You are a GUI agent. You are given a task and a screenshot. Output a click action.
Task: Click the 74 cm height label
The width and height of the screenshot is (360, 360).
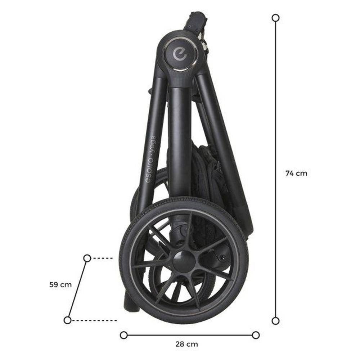(296, 173)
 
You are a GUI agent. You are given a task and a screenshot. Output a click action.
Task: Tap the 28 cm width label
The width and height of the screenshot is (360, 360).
(186, 344)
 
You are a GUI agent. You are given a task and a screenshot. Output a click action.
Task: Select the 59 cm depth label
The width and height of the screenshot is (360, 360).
(60, 285)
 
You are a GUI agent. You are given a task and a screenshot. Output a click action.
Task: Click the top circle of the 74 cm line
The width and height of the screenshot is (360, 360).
(275, 18)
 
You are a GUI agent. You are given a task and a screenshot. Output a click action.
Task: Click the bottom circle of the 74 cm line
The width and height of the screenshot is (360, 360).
(275, 321)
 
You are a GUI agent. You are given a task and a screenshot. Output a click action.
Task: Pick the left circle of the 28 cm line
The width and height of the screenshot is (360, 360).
(124, 335)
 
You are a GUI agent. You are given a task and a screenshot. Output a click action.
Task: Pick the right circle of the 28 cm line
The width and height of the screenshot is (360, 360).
(256, 335)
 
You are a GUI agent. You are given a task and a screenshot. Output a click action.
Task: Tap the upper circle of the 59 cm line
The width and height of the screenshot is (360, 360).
(87, 258)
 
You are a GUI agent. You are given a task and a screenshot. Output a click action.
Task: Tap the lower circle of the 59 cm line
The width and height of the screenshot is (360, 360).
(68, 320)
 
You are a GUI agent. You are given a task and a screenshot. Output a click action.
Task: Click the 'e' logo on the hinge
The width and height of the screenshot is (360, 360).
(180, 54)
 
